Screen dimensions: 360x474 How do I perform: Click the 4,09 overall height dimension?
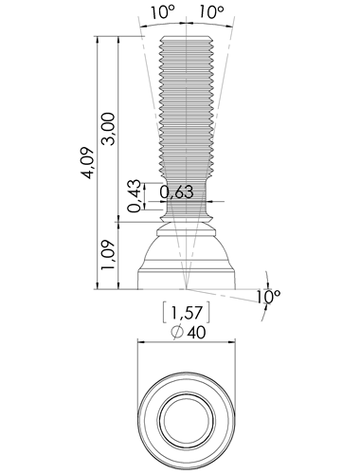87,163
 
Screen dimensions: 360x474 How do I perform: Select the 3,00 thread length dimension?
108,129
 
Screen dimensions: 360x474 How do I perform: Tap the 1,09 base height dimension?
108,255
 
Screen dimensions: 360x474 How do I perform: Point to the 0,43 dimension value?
134,196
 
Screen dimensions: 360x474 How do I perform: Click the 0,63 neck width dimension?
176,191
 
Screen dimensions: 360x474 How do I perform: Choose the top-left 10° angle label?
162,12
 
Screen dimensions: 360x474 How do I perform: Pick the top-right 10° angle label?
211,12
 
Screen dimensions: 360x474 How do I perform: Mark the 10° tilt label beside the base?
268,297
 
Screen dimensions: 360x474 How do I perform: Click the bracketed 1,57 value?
187,313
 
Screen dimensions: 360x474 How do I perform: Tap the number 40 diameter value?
196,333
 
